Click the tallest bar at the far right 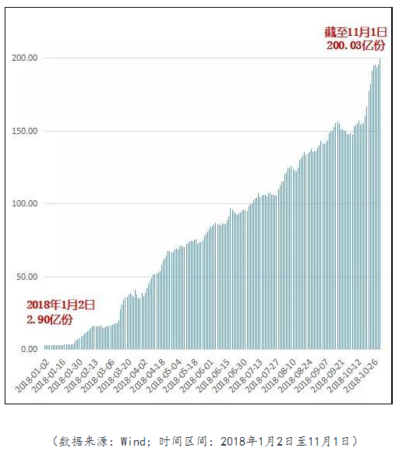coord(380,203)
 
